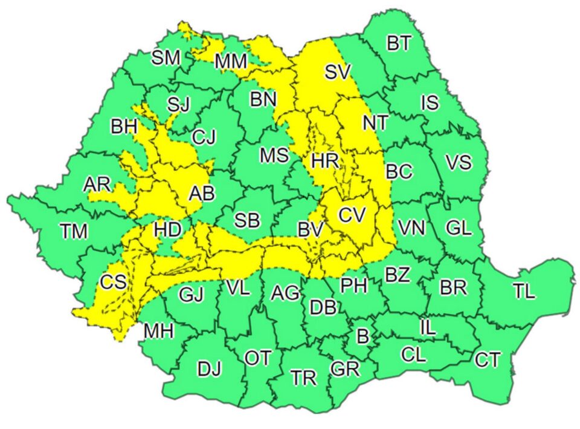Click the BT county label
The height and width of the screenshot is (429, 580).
point(399,44)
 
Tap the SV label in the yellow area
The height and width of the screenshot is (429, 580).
point(337,73)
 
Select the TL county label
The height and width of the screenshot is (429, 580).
point(524,291)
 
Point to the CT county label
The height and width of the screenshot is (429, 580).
point(487,361)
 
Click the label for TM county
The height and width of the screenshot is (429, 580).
point(74,231)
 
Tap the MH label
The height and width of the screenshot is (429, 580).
point(159,331)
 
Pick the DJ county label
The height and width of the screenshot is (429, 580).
point(210,368)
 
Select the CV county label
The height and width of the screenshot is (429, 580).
point(352,214)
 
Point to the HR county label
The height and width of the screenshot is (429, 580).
point(325,161)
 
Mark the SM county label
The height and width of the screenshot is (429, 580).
point(166,58)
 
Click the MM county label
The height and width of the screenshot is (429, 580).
point(231,61)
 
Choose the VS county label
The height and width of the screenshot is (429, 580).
point(459,163)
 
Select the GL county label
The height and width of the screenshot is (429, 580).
point(459,229)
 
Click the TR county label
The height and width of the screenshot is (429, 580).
point(303,378)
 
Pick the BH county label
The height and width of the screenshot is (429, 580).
point(124,127)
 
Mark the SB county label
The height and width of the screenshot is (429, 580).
point(247,221)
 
